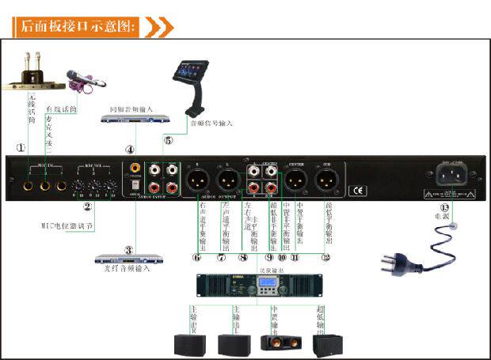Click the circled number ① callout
coord(21,147)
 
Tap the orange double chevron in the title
coord(158,27)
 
